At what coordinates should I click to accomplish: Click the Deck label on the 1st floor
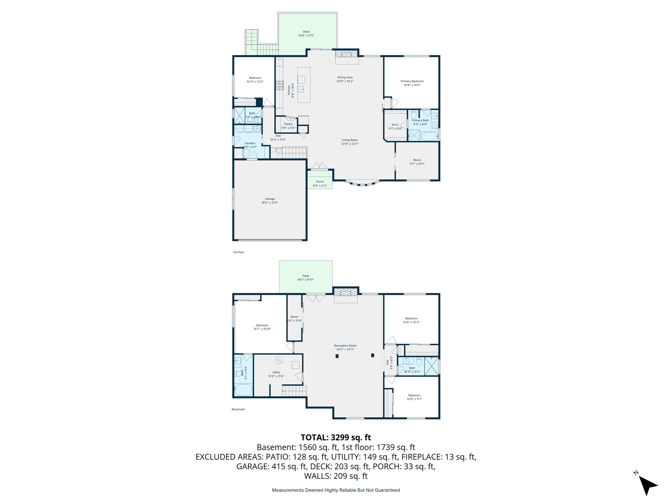306,32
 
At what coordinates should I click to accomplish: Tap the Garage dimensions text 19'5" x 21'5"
270,203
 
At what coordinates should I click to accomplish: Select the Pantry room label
288,124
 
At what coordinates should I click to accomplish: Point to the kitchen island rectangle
304,85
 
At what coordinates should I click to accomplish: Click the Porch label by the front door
320,182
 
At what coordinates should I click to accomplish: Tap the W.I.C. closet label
395,125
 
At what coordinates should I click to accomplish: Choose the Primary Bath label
420,120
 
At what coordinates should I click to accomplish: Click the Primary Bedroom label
412,81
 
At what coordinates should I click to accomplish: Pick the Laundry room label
250,143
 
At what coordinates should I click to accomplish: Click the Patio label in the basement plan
305,276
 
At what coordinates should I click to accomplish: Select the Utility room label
276,372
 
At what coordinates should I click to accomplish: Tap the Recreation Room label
345,346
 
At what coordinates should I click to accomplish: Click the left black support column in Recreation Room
337,356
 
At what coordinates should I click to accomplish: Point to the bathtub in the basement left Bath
243,390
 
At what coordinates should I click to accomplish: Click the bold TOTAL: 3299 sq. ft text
336,437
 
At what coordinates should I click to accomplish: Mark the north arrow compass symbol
647,485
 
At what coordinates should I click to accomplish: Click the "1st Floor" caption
239,252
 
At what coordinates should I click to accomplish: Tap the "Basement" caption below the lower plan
238,409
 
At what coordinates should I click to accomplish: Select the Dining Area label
345,77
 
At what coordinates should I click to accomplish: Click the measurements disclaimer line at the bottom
336,490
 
